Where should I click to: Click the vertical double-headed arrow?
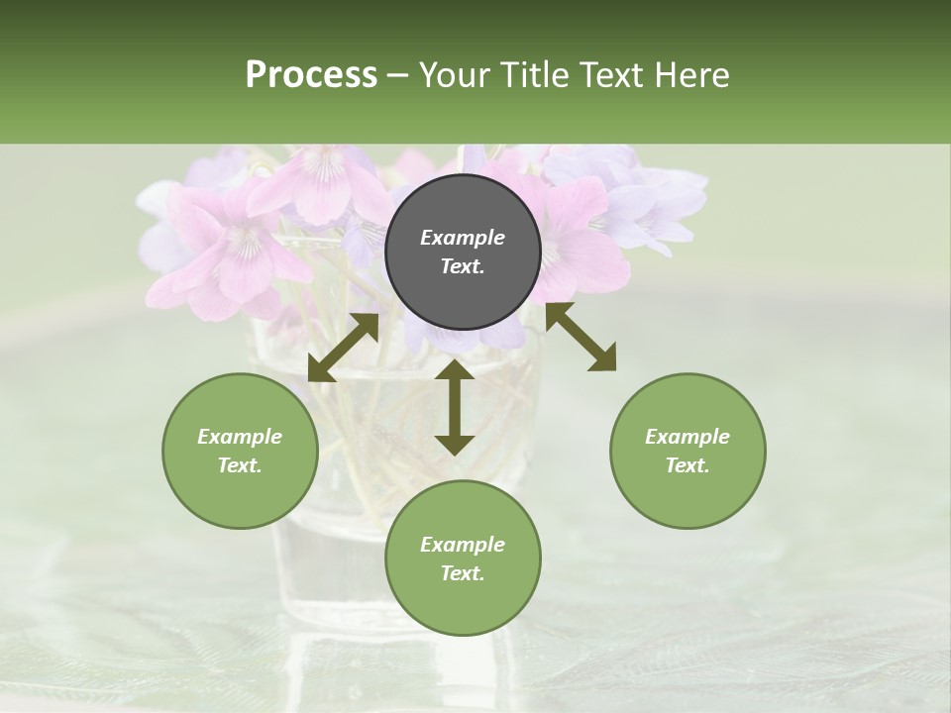point(455,407)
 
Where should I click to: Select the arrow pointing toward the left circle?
point(343,348)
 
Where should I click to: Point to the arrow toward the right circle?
point(581,337)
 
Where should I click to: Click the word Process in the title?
point(311,74)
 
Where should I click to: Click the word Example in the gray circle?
point(463,238)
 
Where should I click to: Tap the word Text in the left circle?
point(240,465)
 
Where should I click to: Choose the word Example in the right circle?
point(687,437)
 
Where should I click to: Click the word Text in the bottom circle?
point(463,573)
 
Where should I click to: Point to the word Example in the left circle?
point(240,437)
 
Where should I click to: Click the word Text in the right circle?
point(687,465)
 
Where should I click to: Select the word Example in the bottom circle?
point(463,545)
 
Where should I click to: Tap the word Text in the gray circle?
point(463,266)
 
